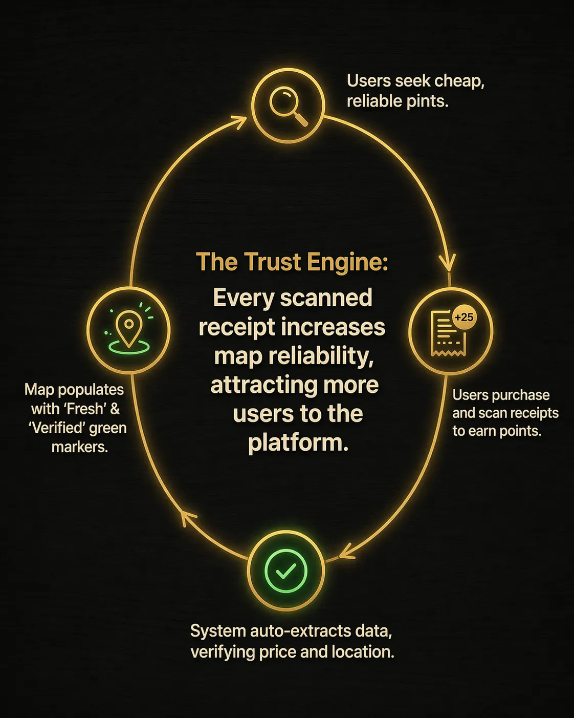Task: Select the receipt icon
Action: (448, 333)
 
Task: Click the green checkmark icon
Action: (285, 571)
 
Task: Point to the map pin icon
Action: (129, 331)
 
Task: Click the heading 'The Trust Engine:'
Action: (292, 262)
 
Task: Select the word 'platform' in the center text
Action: (298, 443)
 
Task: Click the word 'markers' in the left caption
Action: (79, 447)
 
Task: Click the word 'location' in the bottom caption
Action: (363, 651)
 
